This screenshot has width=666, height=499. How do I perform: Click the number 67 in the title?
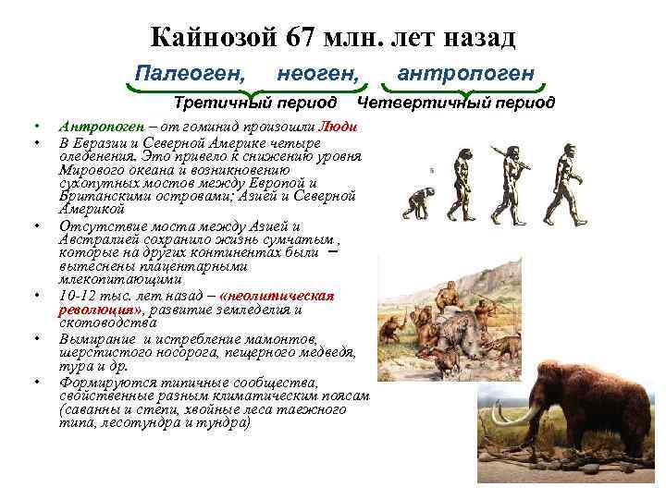[x=304, y=38]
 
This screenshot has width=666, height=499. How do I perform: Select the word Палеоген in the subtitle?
[x=190, y=72]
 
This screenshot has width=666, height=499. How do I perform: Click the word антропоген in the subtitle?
[x=464, y=72]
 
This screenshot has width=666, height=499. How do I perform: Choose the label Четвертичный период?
[x=456, y=102]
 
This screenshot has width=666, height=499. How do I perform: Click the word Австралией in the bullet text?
[x=100, y=240]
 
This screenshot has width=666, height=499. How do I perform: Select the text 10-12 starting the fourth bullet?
[x=77, y=296]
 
